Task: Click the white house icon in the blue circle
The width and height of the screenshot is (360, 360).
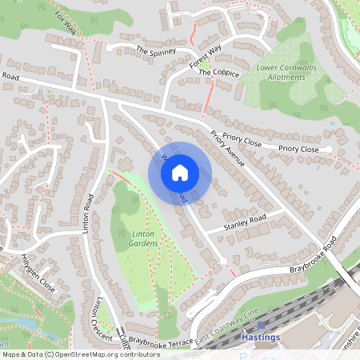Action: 180,171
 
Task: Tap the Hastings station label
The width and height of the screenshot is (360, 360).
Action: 261,338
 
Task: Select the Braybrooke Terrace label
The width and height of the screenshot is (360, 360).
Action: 161,341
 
